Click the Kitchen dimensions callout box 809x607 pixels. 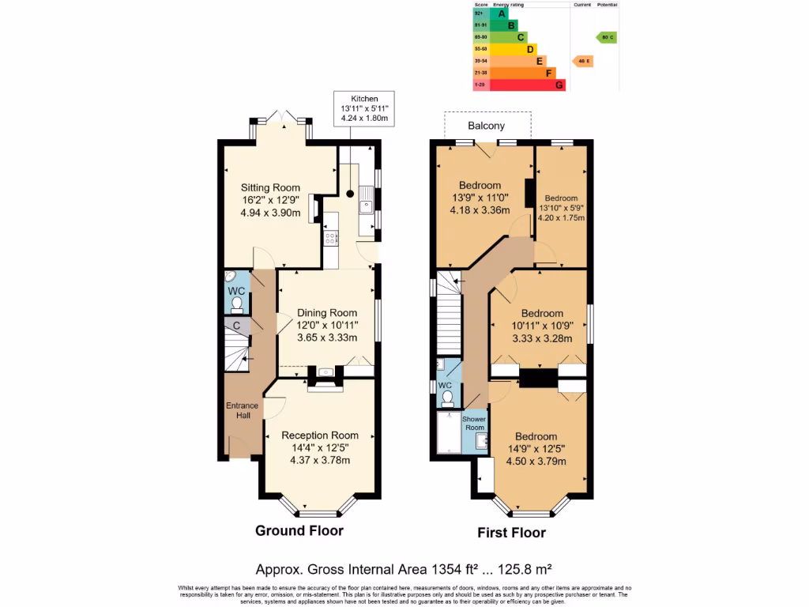[x=364, y=107]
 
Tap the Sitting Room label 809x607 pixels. [x=270, y=187]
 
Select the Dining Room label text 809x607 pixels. [x=326, y=312]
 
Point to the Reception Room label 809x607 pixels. [x=320, y=435]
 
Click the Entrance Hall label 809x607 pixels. [x=243, y=410]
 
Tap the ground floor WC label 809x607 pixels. [x=236, y=291]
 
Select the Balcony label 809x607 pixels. [x=486, y=126]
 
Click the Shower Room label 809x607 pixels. [x=474, y=423]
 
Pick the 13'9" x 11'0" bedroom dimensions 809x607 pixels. [x=480, y=198]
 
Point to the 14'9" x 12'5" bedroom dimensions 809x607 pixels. [x=536, y=449]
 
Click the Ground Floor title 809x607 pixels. [x=299, y=530]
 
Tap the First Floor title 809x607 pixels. [x=511, y=533]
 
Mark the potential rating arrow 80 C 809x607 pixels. [x=606, y=37]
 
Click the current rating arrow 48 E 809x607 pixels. [x=583, y=61]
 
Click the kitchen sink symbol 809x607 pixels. [x=365, y=208]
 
